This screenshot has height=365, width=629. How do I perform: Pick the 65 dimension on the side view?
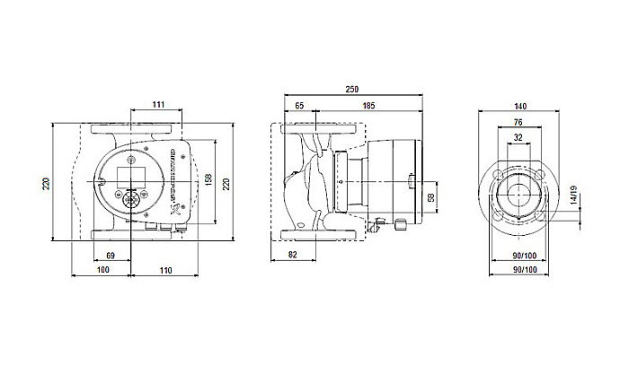[298, 107]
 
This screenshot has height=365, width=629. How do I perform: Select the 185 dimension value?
[368, 107]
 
